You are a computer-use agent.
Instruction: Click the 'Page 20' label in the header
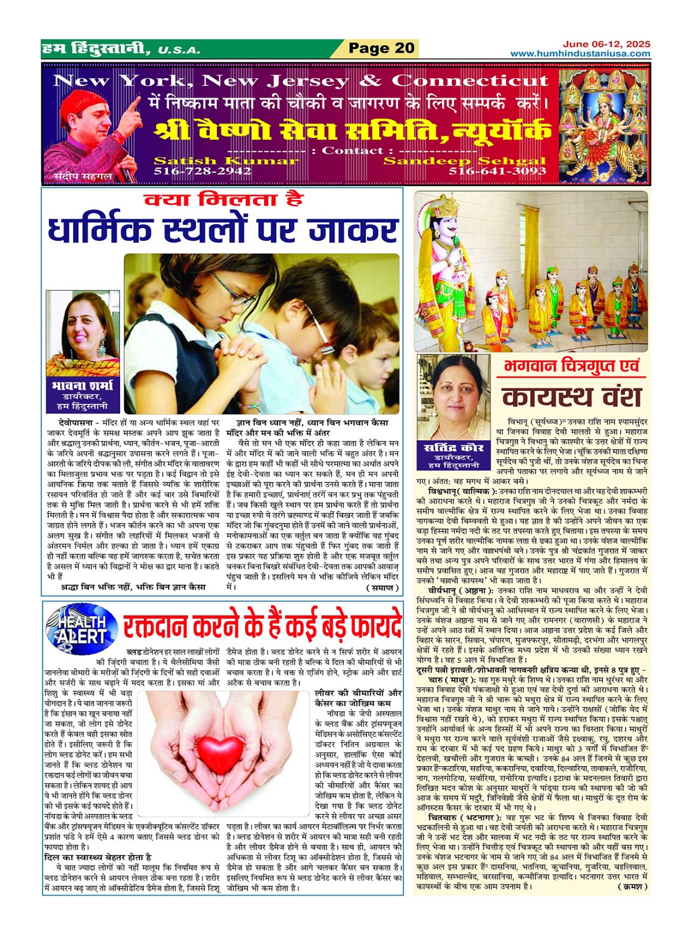381,48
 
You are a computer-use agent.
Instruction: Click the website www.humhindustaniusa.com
580,54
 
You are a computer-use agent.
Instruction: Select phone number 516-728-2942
202,171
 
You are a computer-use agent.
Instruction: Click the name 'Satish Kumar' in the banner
226,161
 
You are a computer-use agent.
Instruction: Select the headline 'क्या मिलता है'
223,200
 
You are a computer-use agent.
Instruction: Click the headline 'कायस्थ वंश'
572,397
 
